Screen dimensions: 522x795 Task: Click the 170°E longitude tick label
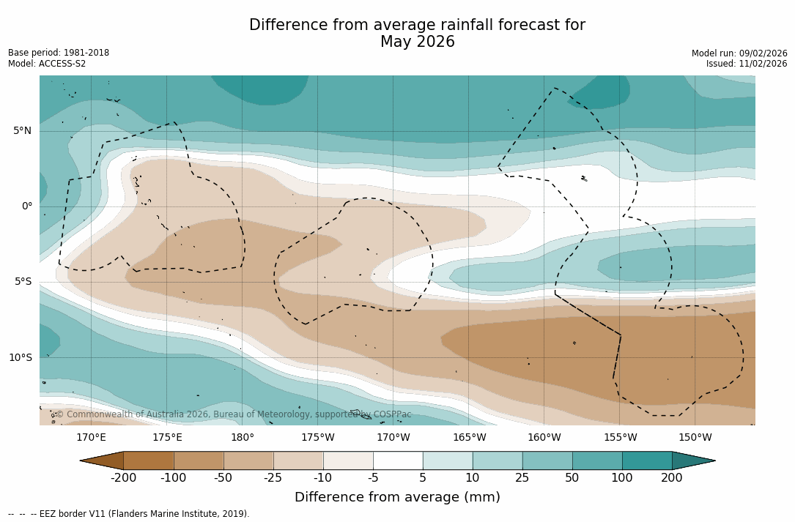pyautogui.click(x=91, y=438)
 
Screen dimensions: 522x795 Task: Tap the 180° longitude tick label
pyautogui.click(x=242, y=438)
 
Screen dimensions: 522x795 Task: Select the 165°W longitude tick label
pyautogui.click(x=469, y=438)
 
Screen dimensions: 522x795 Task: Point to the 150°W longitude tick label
pyautogui.click(x=695, y=438)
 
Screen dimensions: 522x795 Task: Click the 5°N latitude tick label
pyautogui.click(x=23, y=131)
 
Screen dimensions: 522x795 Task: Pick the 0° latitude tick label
pyautogui.click(x=27, y=206)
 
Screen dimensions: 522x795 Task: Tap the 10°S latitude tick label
pyautogui.click(x=21, y=358)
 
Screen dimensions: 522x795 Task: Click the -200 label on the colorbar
pyautogui.click(x=123, y=478)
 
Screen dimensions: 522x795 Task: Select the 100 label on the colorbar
pyautogui.click(x=622, y=478)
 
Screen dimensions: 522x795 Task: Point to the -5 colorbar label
pyautogui.click(x=373, y=478)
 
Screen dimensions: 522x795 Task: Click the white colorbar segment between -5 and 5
pyautogui.click(x=398, y=461)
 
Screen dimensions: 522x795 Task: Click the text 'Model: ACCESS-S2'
pyautogui.click(x=47, y=64)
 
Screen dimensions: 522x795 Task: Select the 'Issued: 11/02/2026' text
pyautogui.click(x=747, y=64)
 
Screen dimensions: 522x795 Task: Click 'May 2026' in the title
pyautogui.click(x=417, y=42)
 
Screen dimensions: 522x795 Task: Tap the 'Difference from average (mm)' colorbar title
pyautogui.click(x=397, y=498)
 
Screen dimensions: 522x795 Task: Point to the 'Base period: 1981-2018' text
pyautogui.click(x=59, y=53)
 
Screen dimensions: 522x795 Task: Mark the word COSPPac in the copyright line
pyautogui.click(x=392, y=414)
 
